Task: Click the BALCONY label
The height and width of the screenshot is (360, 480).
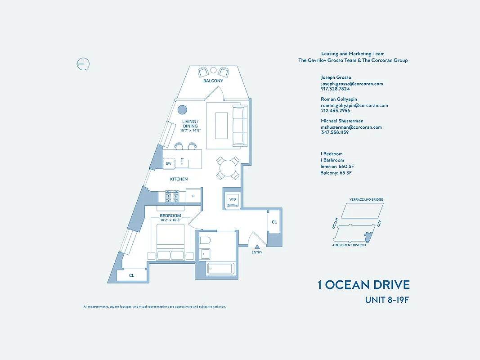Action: pos(213,81)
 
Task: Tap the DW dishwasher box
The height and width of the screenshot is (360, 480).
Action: pos(169,164)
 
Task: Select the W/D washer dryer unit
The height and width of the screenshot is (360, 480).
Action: pos(233,199)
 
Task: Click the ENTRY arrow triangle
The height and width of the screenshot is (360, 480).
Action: pos(257,247)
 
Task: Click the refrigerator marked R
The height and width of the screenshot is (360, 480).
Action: pos(193,196)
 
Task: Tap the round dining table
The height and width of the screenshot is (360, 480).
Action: pos(228,168)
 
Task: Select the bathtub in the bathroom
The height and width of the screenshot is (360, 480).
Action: pos(220,269)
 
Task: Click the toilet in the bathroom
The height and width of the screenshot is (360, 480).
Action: pos(205,239)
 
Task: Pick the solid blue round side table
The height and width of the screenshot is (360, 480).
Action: pos(182,110)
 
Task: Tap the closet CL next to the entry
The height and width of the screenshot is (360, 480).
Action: pos(274,222)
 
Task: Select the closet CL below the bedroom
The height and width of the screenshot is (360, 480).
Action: pos(132,275)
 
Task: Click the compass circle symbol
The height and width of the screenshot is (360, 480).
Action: pos(83,64)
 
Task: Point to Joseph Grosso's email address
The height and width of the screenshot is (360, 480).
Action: pos(352,84)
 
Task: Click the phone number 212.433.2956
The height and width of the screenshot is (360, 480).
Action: pos(335,111)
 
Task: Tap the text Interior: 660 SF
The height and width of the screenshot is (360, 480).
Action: pos(337,166)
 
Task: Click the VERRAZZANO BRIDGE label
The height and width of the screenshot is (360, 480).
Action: pos(366,199)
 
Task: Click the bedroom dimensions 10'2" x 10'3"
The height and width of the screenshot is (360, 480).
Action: pos(170,220)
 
